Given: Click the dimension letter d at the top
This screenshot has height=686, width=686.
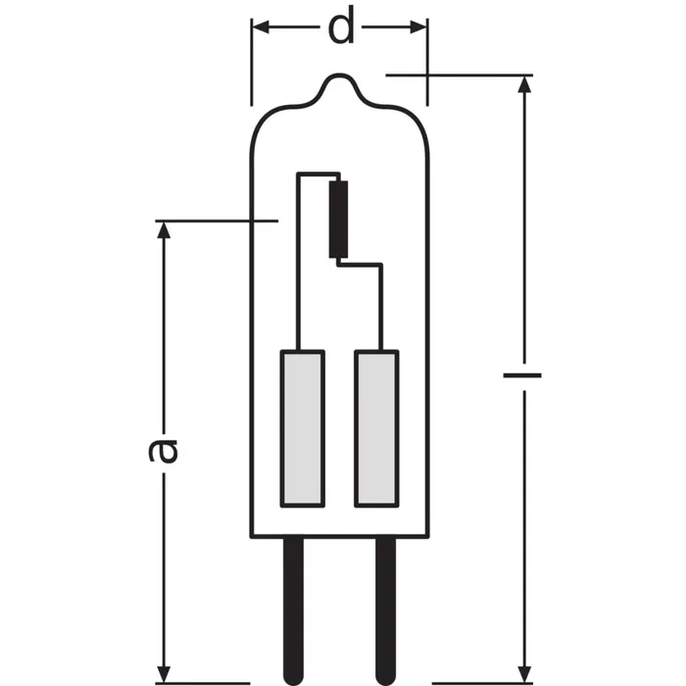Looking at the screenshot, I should tap(340, 27).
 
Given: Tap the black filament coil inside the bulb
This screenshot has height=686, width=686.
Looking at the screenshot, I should tap(340, 218).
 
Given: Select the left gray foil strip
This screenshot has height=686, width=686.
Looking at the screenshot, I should tap(303, 428).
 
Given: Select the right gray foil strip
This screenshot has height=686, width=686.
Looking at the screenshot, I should tap(377, 428).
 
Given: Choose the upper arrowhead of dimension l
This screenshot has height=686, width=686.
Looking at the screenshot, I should tap(526, 84).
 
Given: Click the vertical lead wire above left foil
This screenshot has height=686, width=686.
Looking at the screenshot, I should tap(299, 265).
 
